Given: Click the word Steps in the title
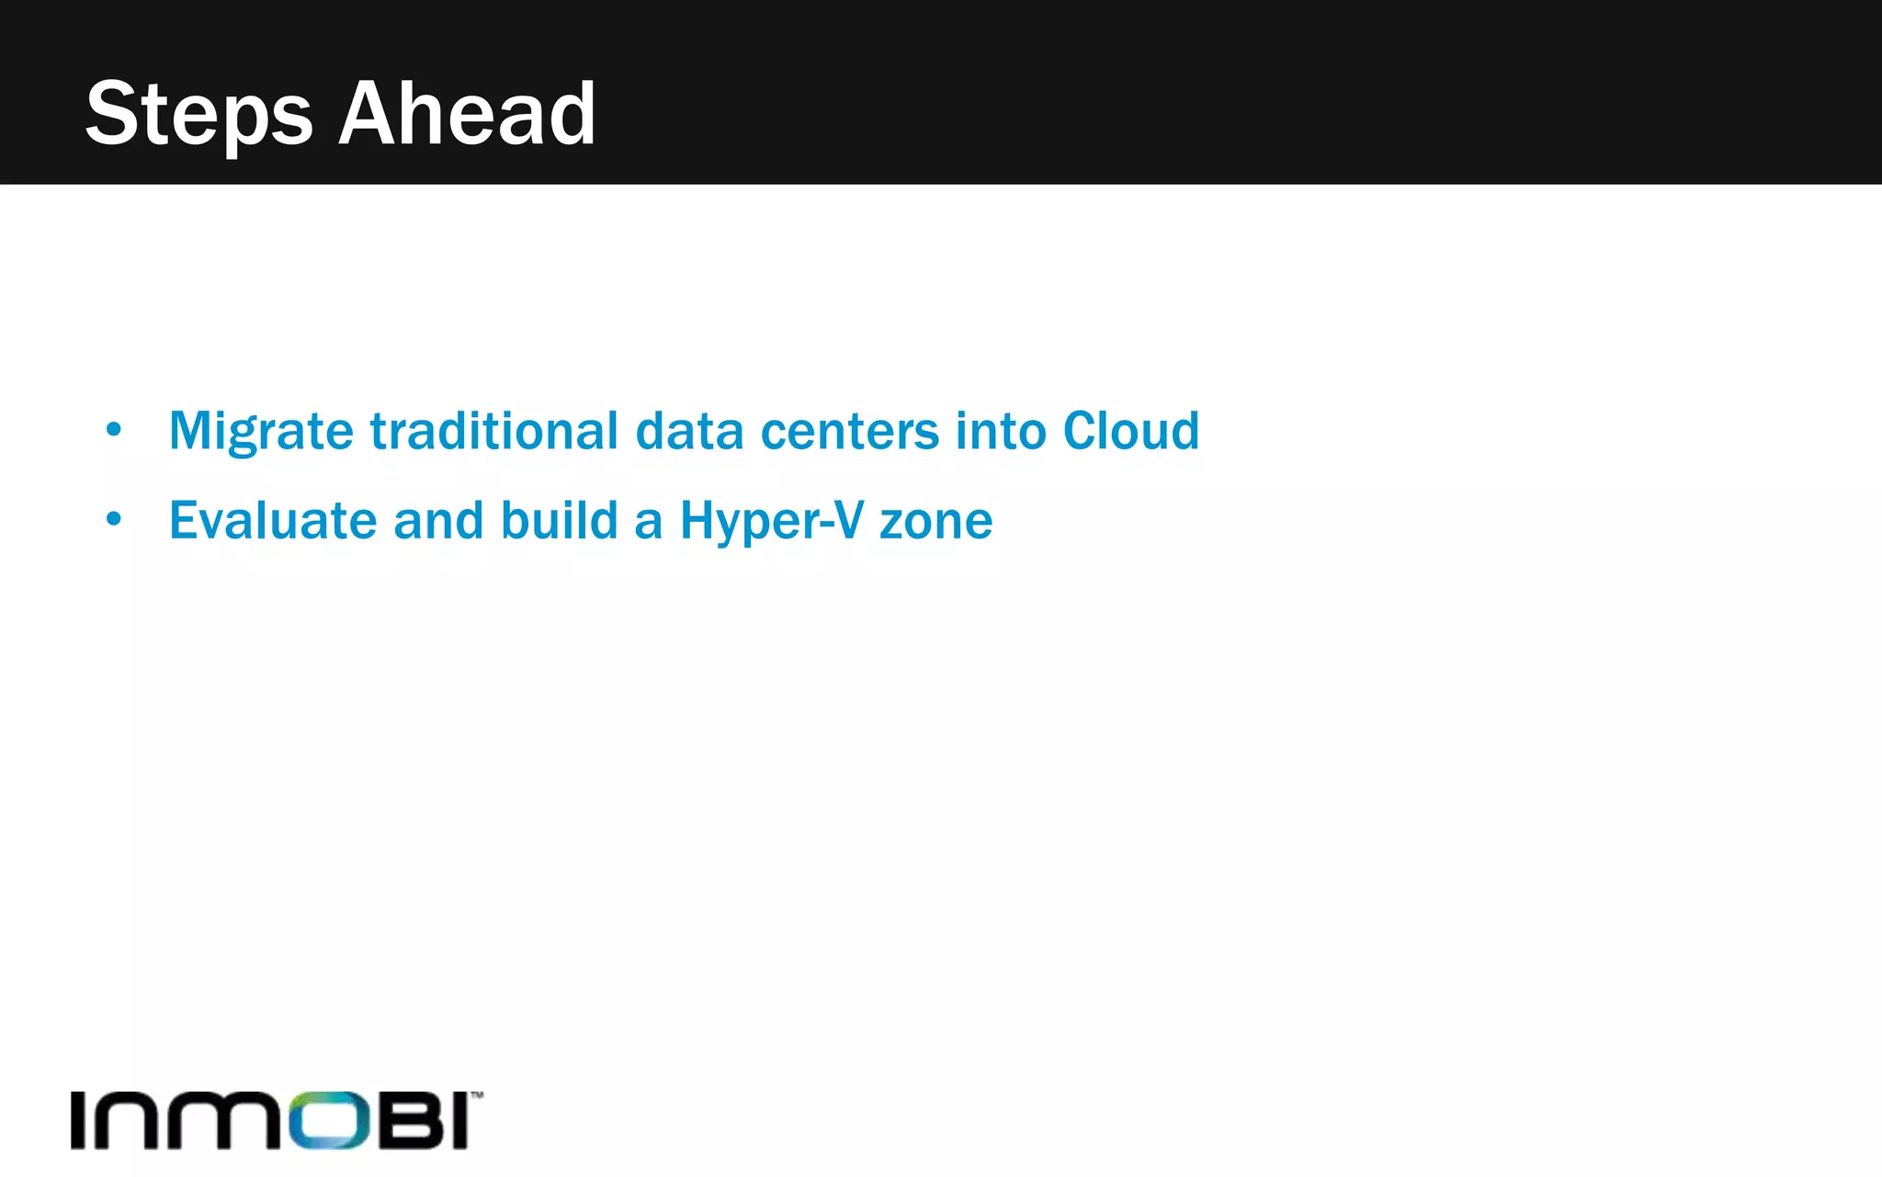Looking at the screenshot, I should point(198,114).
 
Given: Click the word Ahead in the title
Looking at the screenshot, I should point(468,114).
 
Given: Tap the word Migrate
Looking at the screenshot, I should point(261,431).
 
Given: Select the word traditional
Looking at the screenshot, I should point(494,431).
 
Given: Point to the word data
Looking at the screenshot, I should point(689,431).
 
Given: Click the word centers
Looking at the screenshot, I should point(850,431).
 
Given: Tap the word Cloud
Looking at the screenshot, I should point(1131,431).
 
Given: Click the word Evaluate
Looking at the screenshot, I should point(273,521).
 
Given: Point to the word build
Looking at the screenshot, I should point(559,521).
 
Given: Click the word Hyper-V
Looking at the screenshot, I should point(772,521).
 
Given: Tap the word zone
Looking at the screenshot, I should point(935,521).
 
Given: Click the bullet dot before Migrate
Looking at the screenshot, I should point(113,429).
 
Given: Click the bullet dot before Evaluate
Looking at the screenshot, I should point(113,519).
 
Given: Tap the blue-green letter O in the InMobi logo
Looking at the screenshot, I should point(330,1120).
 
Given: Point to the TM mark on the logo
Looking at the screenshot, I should point(477,1094).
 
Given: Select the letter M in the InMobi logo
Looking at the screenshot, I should point(233,1120).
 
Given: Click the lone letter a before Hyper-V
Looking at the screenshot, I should point(648,523).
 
